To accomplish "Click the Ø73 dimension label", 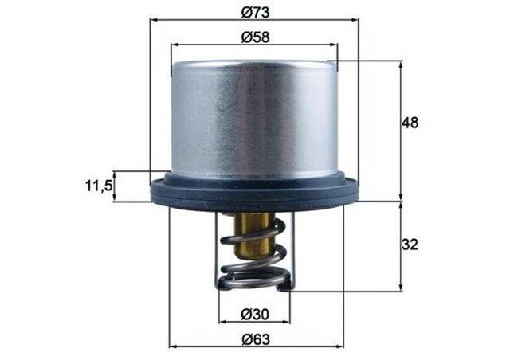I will pos(254,14).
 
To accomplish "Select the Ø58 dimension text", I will pos(254,37).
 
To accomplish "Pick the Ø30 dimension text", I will pos(255,312).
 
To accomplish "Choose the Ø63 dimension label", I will pos(255,338).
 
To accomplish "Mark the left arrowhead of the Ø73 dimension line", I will pos(154,22).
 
